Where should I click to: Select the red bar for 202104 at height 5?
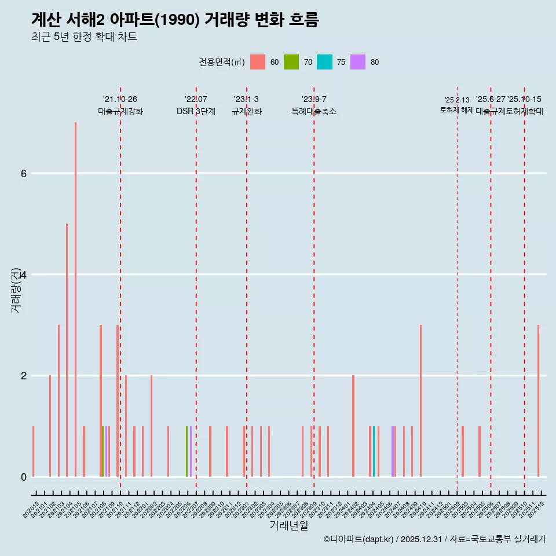tap(67, 350)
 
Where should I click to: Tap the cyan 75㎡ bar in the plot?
tap(374, 452)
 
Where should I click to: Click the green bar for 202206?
tap(186, 452)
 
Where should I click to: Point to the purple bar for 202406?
tap(392, 452)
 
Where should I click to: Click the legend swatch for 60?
tap(258, 62)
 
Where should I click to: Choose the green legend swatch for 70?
tap(291, 62)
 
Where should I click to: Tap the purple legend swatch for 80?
tap(358, 62)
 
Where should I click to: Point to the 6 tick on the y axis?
tap(23, 173)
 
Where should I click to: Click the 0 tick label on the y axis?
tap(23, 477)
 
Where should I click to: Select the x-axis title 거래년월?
tap(289, 525)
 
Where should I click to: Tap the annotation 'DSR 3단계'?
tap(196, 111)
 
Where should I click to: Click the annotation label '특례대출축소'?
tap(313, 111)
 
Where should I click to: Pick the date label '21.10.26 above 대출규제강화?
tap(120, 100)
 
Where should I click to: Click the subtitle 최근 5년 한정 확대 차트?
tap(84, 37)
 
